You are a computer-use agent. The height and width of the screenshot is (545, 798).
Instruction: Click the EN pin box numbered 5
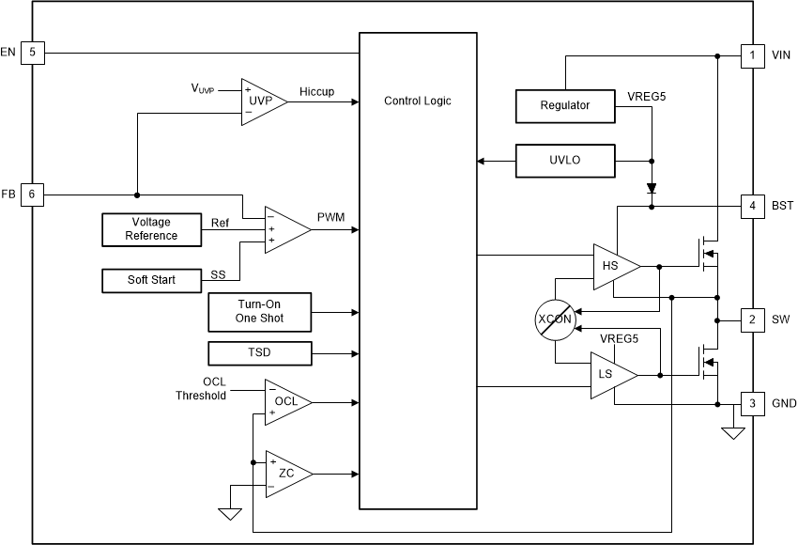(x=32, y=53)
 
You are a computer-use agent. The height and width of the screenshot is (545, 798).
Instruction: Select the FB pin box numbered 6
(x=32, y=195)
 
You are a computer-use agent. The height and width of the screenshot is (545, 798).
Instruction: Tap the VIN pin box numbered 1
(x=752, y=55)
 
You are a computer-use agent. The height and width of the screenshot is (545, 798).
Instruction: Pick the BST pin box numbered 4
(x=752, y=206)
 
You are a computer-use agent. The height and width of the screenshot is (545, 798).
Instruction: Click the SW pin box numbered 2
(x=752, y=319)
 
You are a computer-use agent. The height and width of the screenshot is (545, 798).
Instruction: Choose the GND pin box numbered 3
(x=752, y=404)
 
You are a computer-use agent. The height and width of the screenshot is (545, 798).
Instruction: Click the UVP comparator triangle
(x=261, y=100)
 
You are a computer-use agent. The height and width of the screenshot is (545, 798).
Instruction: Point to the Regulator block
(x=565, y=105)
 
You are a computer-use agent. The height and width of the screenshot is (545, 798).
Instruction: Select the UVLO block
(x=565, y=161)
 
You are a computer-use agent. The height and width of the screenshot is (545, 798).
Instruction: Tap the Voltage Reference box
(x=151, y=228)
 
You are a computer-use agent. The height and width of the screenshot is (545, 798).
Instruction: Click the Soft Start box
(x=151, y=280)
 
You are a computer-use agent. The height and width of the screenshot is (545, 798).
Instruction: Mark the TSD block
(x=259, y=354)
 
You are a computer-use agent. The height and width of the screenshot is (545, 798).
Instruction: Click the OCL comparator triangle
(x=285, y=402)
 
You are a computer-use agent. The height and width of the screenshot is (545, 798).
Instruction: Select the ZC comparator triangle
(x=285, y=474)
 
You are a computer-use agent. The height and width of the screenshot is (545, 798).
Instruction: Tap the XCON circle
(x=554, y=319)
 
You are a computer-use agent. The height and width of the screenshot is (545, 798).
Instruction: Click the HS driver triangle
(x=613, y=267)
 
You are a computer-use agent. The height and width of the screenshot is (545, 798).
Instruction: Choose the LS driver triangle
(x=611, y=375)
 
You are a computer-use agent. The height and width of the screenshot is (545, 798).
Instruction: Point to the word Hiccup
(x=316, y=92)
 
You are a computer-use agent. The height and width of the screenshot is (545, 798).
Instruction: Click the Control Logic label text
(x=418, y=101)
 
